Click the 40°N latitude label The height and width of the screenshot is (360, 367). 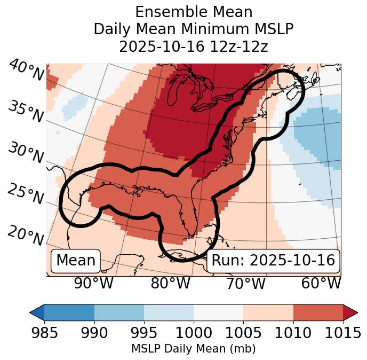(26, 70)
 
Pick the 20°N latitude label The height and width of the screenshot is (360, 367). (26, 235)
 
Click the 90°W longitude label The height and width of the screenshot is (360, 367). (93, 284)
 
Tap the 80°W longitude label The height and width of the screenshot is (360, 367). (170, 284)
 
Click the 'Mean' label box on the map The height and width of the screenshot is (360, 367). (76, 261)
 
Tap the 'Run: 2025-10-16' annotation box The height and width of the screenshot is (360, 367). (273, 261)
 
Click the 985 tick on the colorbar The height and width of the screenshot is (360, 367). (44, 333)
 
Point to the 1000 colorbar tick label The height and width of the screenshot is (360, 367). (194, 333)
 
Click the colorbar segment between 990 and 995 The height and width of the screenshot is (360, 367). (119, 312)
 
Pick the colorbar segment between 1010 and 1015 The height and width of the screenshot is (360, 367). (318, 312)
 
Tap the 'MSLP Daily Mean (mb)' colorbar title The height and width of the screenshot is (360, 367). (193, 349)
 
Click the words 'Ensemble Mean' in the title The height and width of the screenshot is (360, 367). (193, 12)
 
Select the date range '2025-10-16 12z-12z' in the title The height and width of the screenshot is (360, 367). (193, 46)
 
